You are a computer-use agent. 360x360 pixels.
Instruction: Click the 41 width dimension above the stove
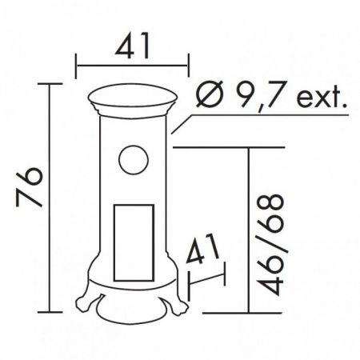(132, 46)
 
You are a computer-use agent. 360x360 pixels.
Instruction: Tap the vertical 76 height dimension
(30, 187)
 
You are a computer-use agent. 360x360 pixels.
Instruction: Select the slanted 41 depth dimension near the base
(202, 249)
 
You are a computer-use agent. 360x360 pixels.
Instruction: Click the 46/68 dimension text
(270, 244)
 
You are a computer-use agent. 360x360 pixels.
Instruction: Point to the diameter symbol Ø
(209, 94)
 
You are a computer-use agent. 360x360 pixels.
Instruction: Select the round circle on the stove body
(134, 160)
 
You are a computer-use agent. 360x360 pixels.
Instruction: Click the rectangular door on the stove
(134, 243)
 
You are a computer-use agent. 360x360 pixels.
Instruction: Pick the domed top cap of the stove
(133, 96)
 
